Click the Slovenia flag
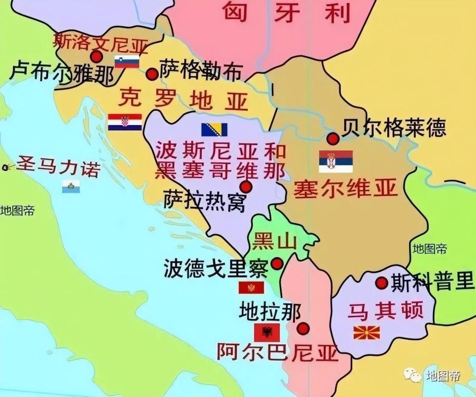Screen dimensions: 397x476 127,62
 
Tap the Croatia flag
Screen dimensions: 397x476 124,122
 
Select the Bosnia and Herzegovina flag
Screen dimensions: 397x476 214,130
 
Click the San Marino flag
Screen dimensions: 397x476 71,187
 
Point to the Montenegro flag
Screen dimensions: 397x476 251,288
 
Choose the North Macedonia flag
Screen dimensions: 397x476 366,332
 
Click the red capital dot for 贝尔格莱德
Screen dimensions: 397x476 333,138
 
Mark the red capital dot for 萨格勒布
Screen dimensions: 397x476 152,74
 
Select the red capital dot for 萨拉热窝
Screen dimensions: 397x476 245,187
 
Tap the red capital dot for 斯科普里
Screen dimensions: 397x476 381,283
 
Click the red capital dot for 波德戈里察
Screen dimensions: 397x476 277,263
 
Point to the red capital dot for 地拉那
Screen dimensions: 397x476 303,329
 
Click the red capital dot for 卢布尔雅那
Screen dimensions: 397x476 97,57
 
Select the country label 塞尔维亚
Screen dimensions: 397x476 346,189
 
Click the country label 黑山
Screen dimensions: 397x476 274,242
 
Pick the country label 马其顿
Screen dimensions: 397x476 385,311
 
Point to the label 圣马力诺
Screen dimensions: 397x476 58,167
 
